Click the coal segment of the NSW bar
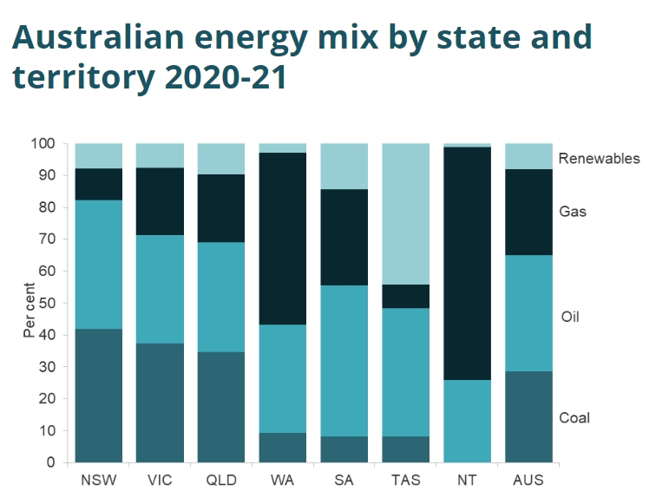click(99, 396)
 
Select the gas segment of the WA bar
click(283, 239)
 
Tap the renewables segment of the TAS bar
click(405, 213)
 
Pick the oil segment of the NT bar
click(467, 421)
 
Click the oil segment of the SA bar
click(344, 360)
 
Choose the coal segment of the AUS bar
click(528, 416)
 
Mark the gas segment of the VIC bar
click(160, 201)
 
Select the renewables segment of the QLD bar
click(221, 159)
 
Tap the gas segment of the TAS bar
click(405, 296)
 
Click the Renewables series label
click(599, 158)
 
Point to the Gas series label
click(574, 211)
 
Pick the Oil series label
click(569, 317)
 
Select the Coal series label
click(574, 417)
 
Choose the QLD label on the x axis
click(221, 479)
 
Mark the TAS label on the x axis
click(405, 479)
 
